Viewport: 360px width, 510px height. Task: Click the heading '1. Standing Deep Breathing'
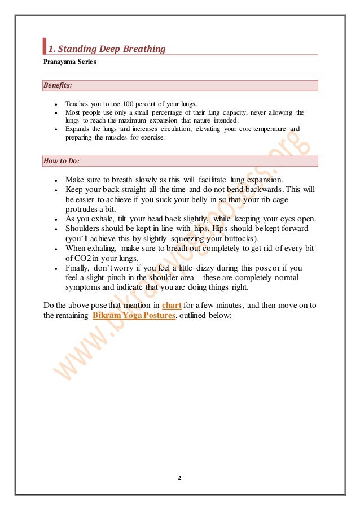pyautogui.click(x=107, y=49)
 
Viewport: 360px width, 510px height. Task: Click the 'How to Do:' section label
pyautogui.click(x=61, y=161)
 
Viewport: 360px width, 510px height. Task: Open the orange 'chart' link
pyautogui.click(x=171, y=306)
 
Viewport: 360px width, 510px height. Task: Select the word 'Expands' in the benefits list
pyautogui.click(x=76, y=129)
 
